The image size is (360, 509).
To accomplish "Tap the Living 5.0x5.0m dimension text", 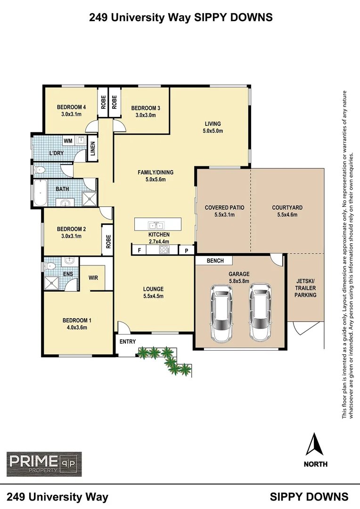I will coord(213,131).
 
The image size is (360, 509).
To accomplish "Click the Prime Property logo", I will coord(44,464).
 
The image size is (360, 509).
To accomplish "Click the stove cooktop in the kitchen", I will coord(164,250).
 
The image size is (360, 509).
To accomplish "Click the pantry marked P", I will coord(187,251).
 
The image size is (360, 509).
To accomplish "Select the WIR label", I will coord(93,278).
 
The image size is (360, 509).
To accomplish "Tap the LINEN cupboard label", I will coord(93,148).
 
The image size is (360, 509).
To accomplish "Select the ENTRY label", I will coord(127,342).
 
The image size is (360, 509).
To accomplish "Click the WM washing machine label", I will coord(68,140).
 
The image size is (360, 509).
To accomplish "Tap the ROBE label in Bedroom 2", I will coord(108,242).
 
